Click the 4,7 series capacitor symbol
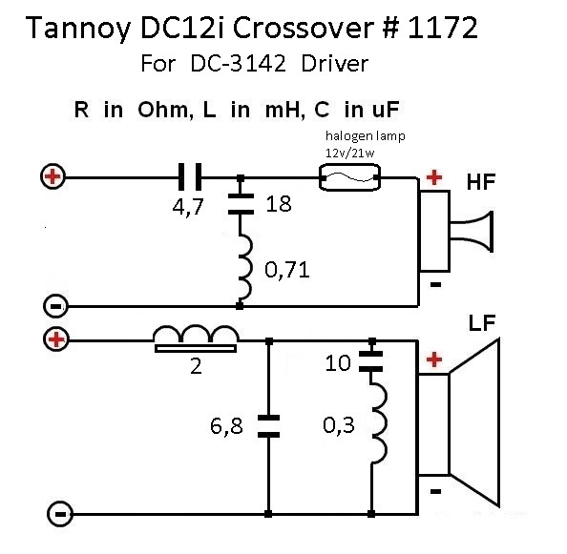coord(190,177)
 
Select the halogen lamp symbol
coord(349,177)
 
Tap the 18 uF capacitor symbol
coord(241,204)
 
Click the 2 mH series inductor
coord(196,339)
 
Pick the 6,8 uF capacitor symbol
coord(268,426)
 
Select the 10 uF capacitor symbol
coord(371,361)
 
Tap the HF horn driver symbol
coord(455,231)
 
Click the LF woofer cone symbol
coord(459,423)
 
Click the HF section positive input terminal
coord(52,177)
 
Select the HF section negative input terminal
coord(55,307)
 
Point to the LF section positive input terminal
coord(55,339)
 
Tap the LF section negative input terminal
coord(60,514)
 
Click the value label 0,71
coord(287,270)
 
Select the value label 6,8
coord(226,426)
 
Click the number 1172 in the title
coord(443,28)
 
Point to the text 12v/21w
coord(350,154)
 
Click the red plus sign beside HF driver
coord(434,177)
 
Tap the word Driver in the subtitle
coord(334,64)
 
